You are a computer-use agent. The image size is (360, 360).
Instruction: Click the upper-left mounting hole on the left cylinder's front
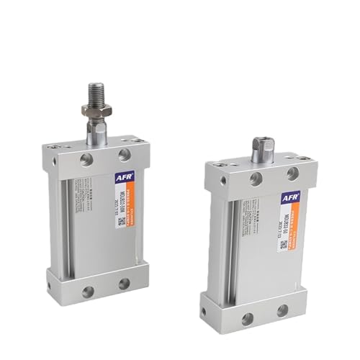point(86,159)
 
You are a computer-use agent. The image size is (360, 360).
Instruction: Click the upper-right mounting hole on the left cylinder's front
point(125,154)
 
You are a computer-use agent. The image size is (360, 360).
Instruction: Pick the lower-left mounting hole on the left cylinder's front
point(88,292)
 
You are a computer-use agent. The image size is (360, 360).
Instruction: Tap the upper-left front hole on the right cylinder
point(256,179)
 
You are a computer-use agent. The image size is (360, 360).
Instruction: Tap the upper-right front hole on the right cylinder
point(292,174)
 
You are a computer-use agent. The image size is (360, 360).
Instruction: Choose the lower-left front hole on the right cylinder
point(247,318)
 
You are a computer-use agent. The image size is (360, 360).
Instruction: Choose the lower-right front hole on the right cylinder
point(282,310)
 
